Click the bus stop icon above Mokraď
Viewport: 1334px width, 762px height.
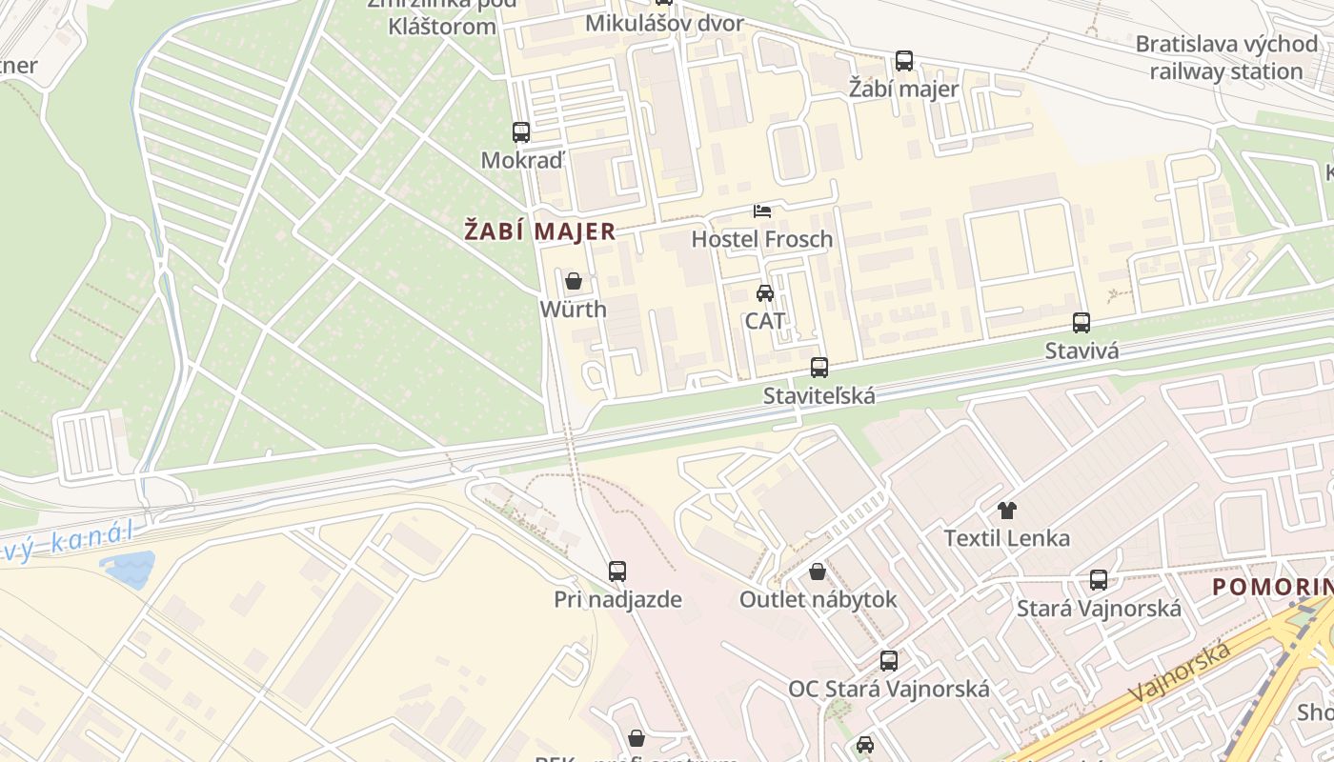pyautogui.click(x=520, y=132)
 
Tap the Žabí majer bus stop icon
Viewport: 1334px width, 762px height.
pyautogui.click(x=904, y=61)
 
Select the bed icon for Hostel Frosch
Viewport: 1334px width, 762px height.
pyautogui.click(x=762, y=211)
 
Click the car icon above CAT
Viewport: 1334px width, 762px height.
pyautogui.click(x=765, y=292)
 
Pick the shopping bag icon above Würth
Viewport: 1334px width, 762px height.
pyautogui.click(x=574, y=281)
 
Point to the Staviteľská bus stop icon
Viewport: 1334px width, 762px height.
pyautogui.click(x=819, y=367)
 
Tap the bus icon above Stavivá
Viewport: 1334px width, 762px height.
pyautogui.click(x=1081, y=323)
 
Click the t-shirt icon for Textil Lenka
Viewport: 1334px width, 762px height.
pyautogui.click(x=1007, y=511)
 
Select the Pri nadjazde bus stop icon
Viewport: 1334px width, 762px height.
pyautogui.click(x=617, y=571)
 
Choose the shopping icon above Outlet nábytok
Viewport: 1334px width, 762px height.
pyautogui.click(x=818, y=571)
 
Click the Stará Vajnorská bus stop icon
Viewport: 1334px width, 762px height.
pyautogui.click(x=1099, y=579)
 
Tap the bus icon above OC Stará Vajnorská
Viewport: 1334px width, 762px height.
pyautogui.click(x=889, y=660)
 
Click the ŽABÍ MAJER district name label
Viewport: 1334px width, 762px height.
pyautogui.click(x=539, y=231)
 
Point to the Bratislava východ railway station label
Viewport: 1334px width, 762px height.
pyautogui.click(x=1225, y=57)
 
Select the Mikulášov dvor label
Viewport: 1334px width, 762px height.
pyautogui.click(x=664, y=23)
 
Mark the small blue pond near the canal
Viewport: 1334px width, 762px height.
pyautogui.click(x=129, y=568)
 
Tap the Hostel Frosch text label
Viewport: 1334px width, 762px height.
pyautogui.click(x=762, y=239)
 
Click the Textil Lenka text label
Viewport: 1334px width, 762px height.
pyautogui.click(x=1007, y=538)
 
